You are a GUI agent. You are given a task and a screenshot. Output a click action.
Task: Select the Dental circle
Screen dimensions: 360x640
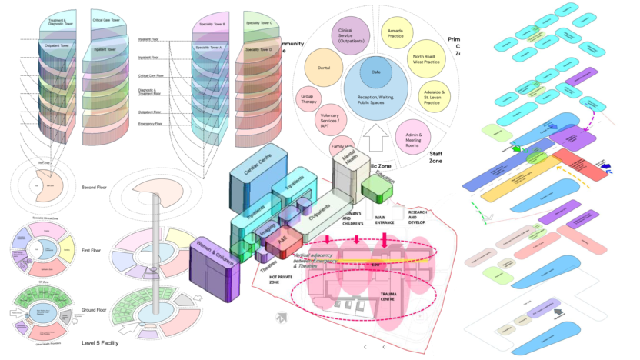(x=324, y=68)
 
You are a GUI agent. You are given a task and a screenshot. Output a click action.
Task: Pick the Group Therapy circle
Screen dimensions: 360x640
(x=308, y=98)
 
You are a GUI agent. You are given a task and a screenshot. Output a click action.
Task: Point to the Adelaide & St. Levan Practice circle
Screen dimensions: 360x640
(x=436, y=98)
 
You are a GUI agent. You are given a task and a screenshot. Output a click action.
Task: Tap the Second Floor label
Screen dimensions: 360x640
(x=97, y=187)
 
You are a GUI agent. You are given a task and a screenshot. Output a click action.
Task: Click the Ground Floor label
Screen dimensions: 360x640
(x=98, y=310)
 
